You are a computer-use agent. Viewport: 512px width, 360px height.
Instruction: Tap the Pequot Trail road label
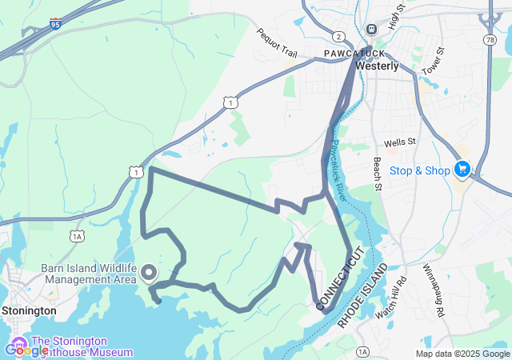[276, 44]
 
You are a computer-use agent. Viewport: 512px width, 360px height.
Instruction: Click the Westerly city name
[377, 66]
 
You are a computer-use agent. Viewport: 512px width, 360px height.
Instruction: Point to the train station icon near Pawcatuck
[371, 30]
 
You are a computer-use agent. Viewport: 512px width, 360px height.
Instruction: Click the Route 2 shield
[339, 37]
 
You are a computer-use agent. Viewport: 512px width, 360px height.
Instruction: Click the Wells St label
[400, 142]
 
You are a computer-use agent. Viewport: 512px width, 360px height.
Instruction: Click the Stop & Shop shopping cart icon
[462, 170]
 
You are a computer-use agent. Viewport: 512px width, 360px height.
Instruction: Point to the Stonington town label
[29, 310]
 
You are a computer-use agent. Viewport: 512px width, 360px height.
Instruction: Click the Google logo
[26, 350]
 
